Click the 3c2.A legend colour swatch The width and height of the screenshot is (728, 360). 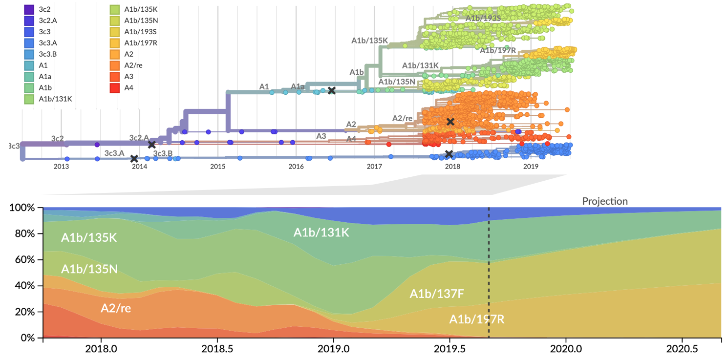pos(29,21)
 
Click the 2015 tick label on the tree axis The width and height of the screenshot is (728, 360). pos(217,167)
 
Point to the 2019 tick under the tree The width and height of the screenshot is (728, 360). pos(531,167)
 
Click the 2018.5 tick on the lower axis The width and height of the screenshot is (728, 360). pos(217,350)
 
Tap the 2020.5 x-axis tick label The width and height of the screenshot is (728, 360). pos(682,350)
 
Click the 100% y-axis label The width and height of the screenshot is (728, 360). pos(22,208)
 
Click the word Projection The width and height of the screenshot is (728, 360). pos(604,201)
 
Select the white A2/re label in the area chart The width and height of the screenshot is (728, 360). pos(116,308)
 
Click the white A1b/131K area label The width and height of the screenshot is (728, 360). pos(321,233)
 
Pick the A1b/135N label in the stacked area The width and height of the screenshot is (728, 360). pos(89,269)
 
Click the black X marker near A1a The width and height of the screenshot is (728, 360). pos(332,90)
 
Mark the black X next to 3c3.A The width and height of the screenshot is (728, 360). pos(134,159)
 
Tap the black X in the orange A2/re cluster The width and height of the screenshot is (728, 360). pos(450,122)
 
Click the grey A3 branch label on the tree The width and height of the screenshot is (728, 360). pos(321,136)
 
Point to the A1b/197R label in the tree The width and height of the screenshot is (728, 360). pos(497,50)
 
